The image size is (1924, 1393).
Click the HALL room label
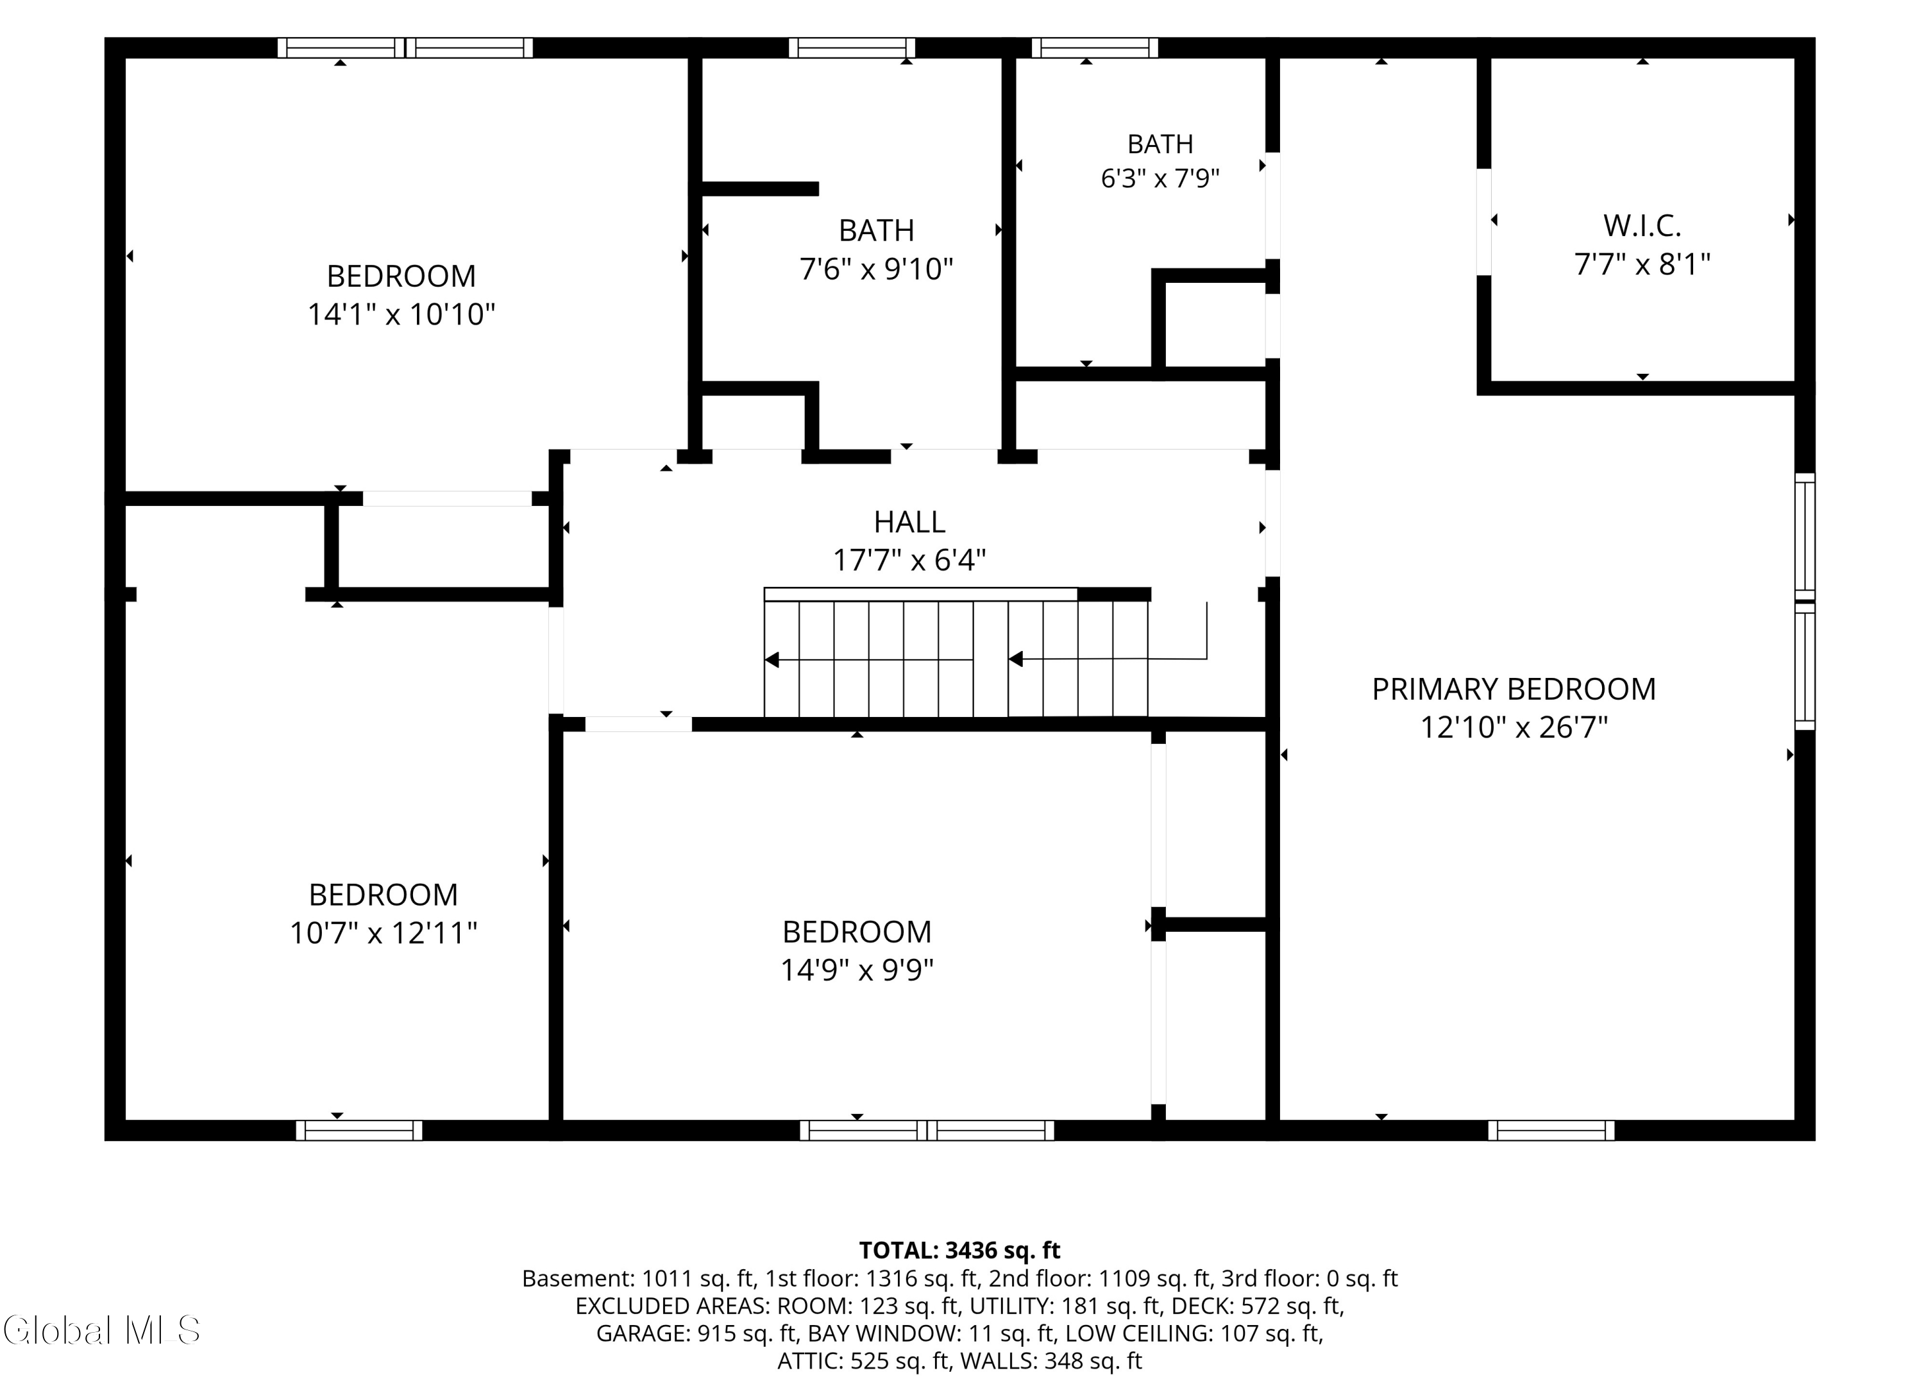tap(909, 522)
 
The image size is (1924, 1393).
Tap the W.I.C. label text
tap(1642, 226)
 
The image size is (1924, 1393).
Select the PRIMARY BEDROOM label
tap(1514, 689)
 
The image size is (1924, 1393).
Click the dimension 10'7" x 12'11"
tap(384, 933)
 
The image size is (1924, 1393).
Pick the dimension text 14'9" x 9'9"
tap(857, 970)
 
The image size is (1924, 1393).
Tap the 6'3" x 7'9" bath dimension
tap(1160, 179)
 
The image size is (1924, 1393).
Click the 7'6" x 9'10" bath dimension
tap(876, 269)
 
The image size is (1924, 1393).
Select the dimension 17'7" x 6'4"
tap(909, 561)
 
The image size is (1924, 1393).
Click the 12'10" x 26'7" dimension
tap(1514, 728)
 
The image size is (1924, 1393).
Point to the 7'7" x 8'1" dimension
tap(1642, 265)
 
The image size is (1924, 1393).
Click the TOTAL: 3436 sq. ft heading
tap(959, 1251)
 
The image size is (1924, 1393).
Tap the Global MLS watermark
tap(102, 1330)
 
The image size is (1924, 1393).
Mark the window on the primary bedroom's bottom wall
tap(1551, 1130)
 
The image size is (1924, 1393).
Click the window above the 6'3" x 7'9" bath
tap(1094, 47)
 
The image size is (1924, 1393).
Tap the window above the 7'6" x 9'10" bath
tap(852, 47)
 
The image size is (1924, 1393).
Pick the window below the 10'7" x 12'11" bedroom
tap(359, 1130)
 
